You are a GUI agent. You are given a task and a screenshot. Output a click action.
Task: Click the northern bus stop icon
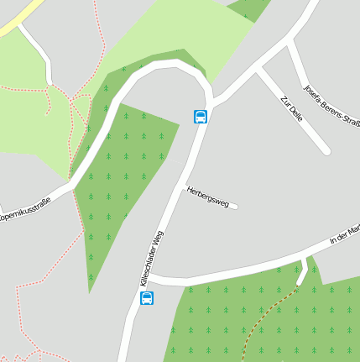pos(201,117)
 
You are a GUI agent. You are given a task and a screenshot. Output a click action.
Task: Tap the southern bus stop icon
pos(147,298)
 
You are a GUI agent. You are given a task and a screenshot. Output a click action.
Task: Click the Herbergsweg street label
pos(207,197)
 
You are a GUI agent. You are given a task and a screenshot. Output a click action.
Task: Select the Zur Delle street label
pos(291,109)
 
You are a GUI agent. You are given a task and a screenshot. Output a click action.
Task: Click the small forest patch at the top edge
pos(249,8)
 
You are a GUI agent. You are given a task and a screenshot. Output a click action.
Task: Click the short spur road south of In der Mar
pos(302,274)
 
